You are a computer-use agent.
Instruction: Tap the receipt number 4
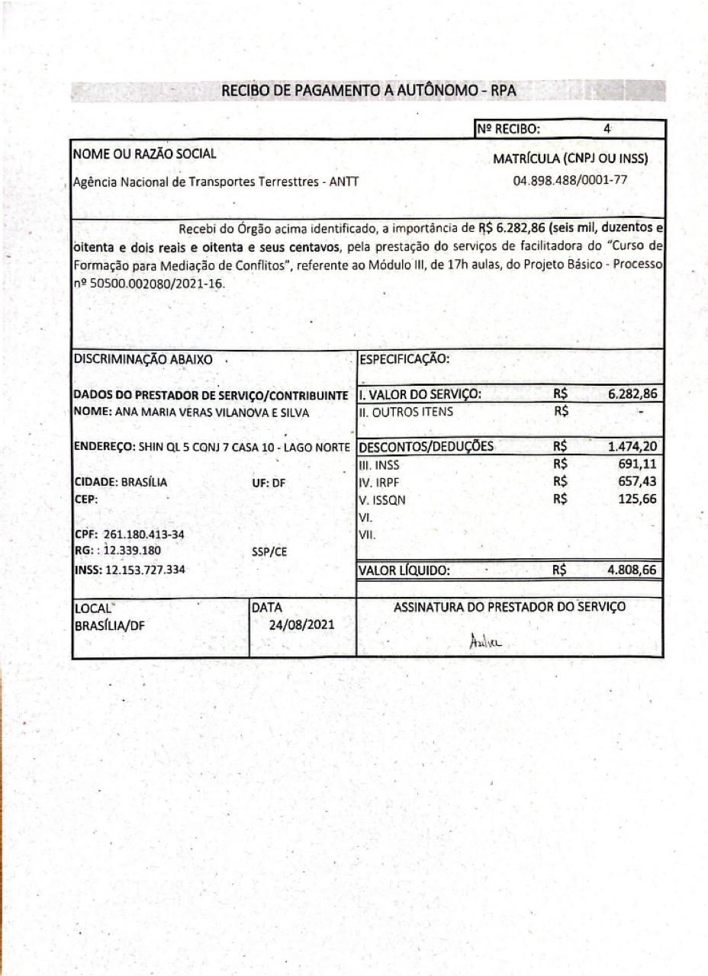(x=607, y=129)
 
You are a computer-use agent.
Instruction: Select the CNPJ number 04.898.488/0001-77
(x=571, y=181)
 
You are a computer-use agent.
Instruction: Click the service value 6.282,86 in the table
(x=632, y=394)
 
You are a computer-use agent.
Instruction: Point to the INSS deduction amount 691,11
(x=638, y=463)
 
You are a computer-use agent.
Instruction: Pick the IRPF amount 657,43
(x=638, y=481)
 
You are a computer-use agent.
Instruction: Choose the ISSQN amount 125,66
(x=638, y=499)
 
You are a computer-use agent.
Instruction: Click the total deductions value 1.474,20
(x=632, y=446)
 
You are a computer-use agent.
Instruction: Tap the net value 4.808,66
(x=632, y=569)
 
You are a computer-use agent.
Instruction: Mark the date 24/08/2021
(x=302, y=623)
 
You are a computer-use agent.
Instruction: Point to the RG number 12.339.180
(x=129, y=549)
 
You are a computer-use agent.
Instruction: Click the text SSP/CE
(x=269, y=553)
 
